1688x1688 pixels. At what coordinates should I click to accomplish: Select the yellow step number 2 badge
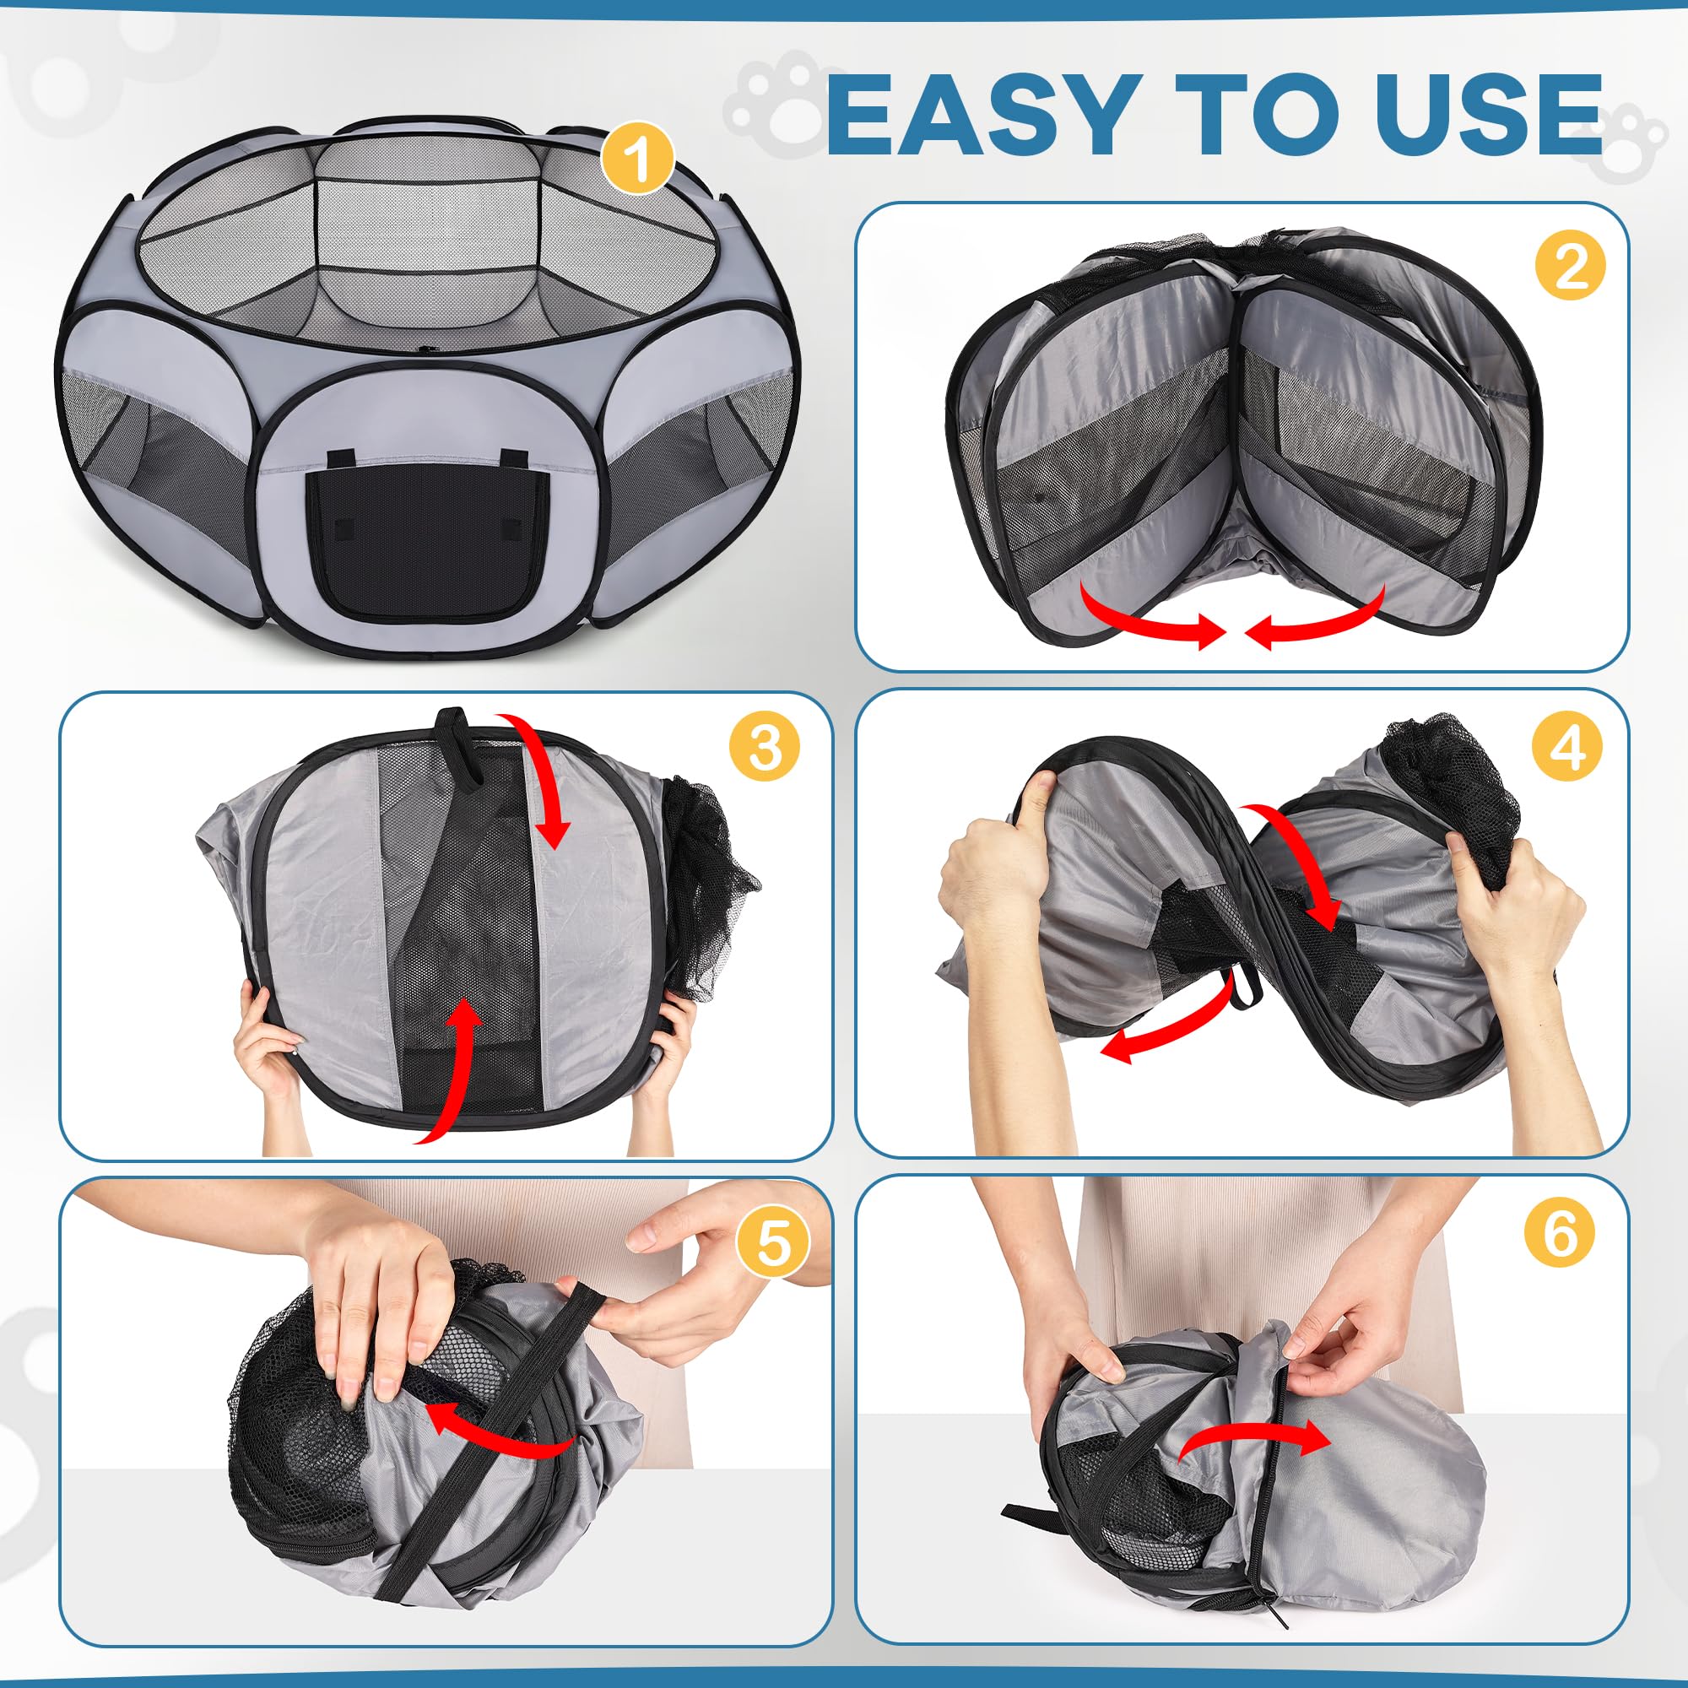pos(1570,266)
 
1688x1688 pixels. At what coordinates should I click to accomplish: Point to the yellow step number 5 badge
pos(771,1242)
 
